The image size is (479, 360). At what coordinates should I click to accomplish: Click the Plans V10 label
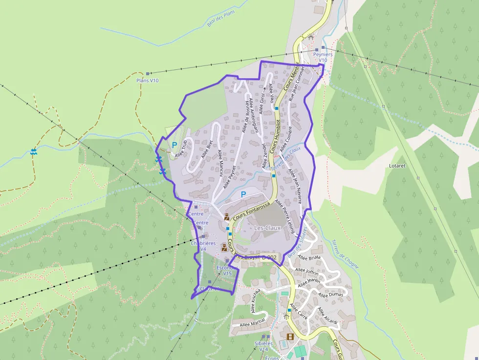148,81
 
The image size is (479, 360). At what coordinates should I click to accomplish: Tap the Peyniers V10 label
323,57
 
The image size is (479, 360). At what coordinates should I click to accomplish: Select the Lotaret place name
397,166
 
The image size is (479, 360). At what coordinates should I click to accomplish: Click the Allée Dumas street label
331,295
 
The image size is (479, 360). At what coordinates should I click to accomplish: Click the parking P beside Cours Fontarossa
243,194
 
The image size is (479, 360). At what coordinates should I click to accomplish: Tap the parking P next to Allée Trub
174,145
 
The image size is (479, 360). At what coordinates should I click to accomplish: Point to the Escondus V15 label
227,271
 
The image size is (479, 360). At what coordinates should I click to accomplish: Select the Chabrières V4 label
203,246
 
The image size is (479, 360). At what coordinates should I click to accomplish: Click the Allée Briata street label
308,257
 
